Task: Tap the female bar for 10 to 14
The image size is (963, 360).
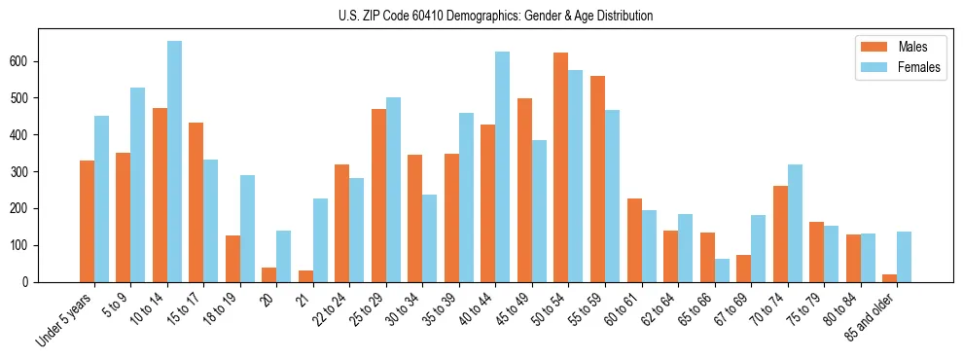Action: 174,162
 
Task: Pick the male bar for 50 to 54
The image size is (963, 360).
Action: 561,167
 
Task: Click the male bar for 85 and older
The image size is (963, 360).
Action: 889,278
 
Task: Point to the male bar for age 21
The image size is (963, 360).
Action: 305,276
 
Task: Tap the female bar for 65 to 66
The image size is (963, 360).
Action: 722,270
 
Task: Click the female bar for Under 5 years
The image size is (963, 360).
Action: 101,198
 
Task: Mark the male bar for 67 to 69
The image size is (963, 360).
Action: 743,269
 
